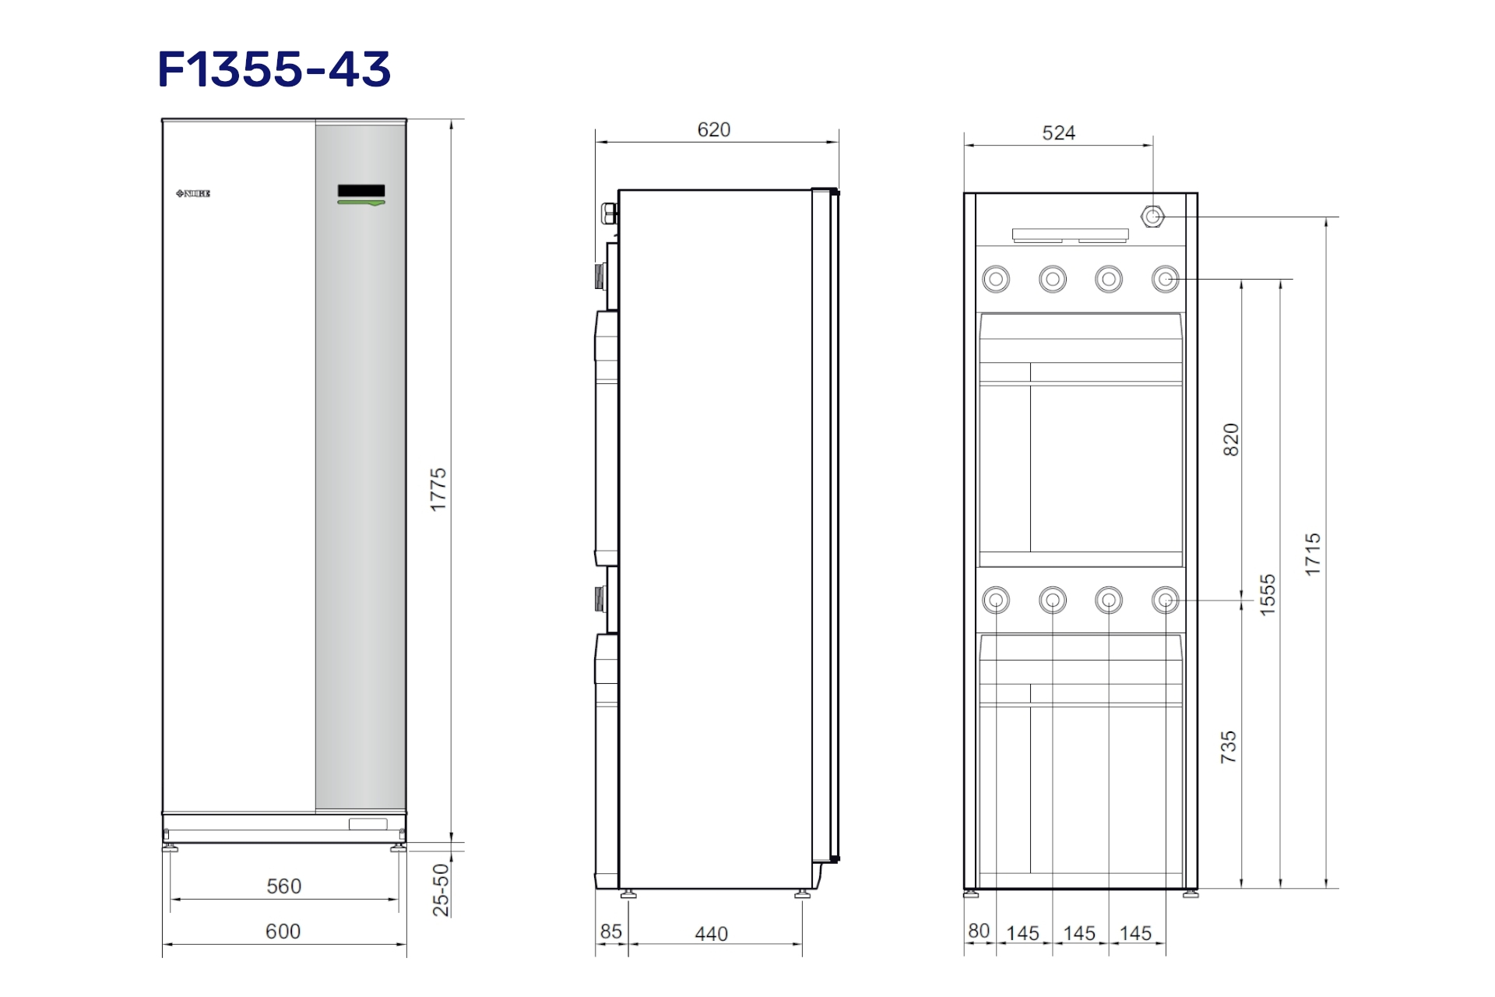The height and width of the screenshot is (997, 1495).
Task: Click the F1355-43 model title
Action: point(274,69)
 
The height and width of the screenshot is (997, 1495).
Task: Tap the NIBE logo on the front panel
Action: point(193,193)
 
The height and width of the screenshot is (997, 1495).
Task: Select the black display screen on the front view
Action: point(361,191)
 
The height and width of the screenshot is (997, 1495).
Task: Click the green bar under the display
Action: point(361,203)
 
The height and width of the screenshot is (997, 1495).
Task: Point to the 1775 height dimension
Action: point(438,490)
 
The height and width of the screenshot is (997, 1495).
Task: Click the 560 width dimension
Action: point(283,886)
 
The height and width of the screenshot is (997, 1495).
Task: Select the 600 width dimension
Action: point(283,932)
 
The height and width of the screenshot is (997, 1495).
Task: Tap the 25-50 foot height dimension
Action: point(441,890)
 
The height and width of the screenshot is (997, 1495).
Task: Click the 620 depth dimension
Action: point(714,130)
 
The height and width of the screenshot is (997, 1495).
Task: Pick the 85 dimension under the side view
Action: point(611,932)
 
